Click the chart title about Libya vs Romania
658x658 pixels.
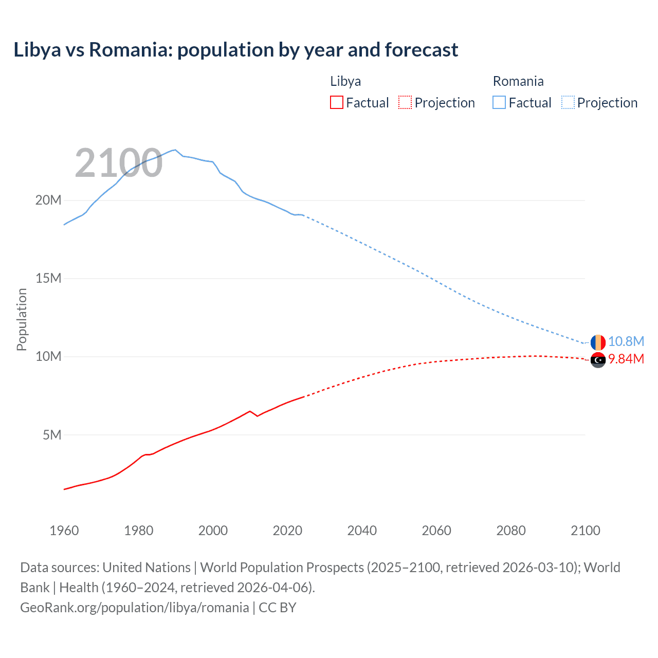235,50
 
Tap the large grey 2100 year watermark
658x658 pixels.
119,163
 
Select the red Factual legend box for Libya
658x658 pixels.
336,102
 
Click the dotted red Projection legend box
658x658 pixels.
405,102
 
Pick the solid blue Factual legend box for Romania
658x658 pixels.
499,102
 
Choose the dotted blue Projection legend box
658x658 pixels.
568,102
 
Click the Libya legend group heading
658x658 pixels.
345,81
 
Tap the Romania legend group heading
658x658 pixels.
518,81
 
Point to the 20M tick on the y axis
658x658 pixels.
48,200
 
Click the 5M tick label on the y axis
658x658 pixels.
52,435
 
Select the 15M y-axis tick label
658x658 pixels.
48,278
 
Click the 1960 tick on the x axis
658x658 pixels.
64,531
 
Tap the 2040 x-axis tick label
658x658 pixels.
362,531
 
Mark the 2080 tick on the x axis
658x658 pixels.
511,531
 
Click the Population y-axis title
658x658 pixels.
22,319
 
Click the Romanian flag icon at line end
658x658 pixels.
598,342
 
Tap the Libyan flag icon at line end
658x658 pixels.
598,360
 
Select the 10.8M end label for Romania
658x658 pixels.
626,341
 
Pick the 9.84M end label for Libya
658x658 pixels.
626,359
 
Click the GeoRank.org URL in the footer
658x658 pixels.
135,607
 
